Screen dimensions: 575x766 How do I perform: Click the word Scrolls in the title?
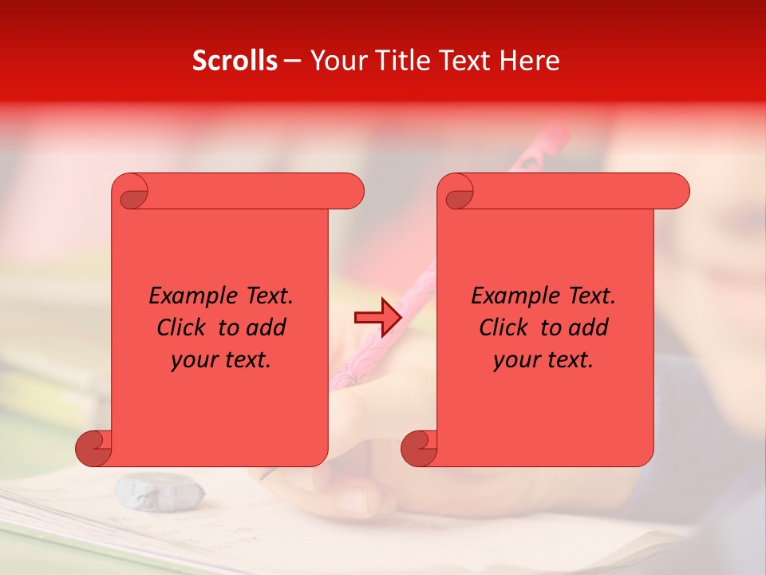point(235,61)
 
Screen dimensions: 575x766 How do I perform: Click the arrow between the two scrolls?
point(377,318)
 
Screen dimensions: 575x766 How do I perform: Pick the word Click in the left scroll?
point(184,327)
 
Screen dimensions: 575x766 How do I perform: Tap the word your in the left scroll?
point(191,361)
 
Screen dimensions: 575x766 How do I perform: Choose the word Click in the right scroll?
point(507,327)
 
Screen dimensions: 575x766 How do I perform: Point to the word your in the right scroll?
point(514,361)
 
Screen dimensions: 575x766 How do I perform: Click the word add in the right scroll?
point(589,327)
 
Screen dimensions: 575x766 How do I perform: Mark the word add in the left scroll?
point(267,327)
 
